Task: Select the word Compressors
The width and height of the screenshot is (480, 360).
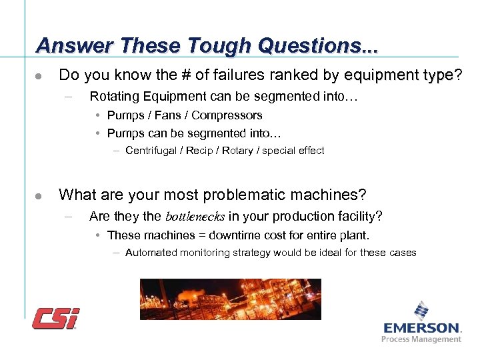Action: pos(227,115)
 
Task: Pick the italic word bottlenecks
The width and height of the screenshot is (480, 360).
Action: pos(195,217)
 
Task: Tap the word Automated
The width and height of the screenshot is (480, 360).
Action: pos(149,253)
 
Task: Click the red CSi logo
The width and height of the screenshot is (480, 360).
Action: pos(56,319)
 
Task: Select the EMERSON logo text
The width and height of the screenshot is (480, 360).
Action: pos(422,327)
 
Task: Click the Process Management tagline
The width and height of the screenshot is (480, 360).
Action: pos(421,339)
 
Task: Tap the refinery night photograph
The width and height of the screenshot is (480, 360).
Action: pos(230,299)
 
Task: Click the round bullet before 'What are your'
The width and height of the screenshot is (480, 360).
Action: pos(40,196)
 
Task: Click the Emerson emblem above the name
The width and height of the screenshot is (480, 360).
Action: pos(421,311)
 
